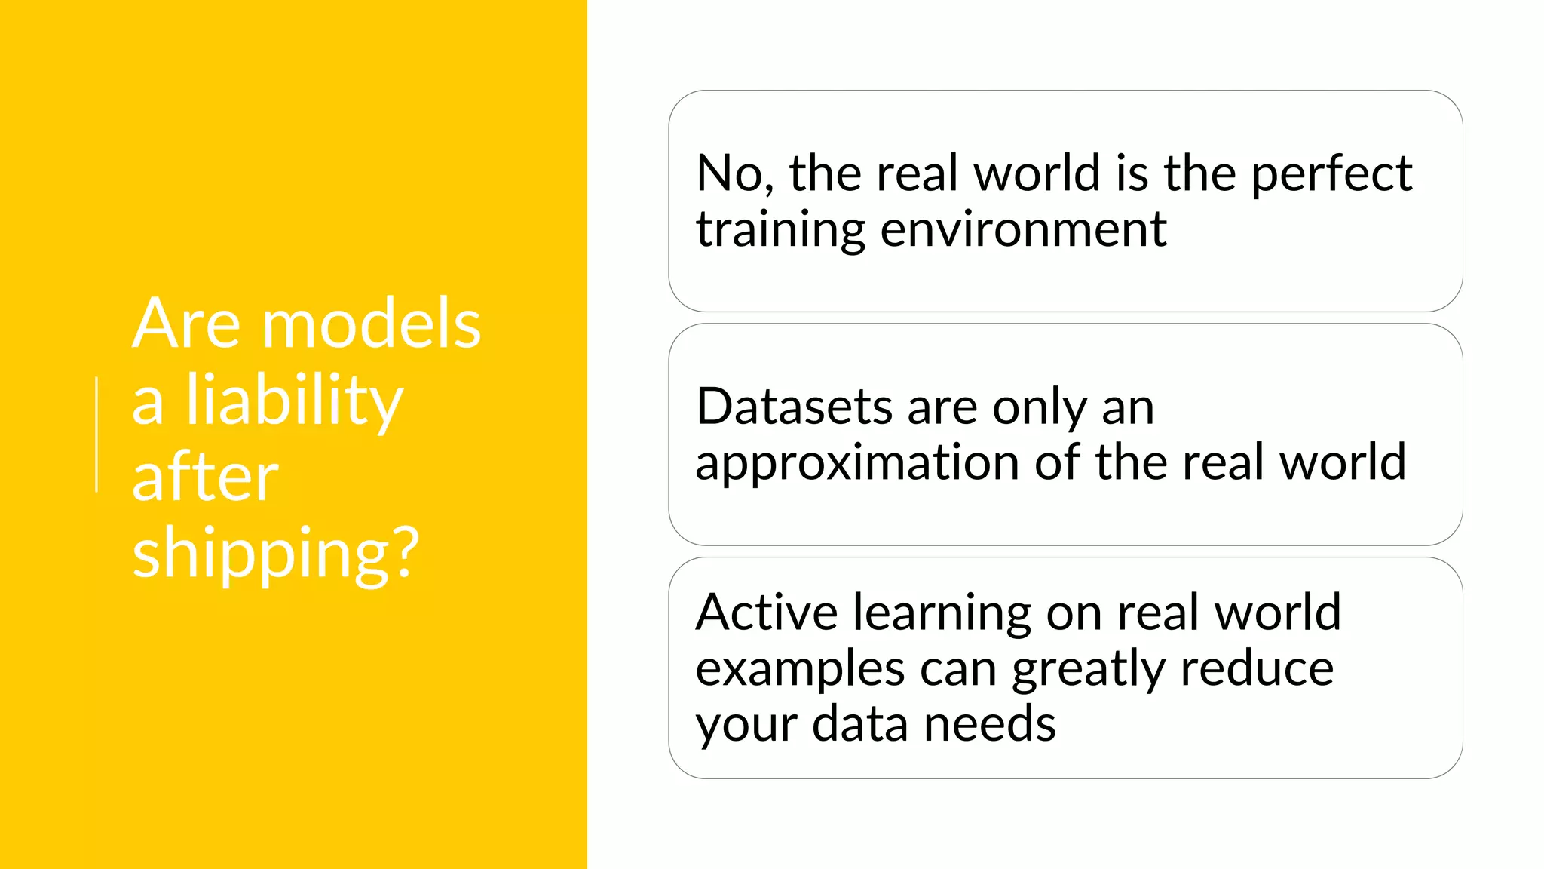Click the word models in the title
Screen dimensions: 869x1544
pyautogui.click(x=371, y=324)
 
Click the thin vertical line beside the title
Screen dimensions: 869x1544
pyautogui.click(x=96, y=434)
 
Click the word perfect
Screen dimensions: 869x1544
pyautogui.click(x=1331, y=173)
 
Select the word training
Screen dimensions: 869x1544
pyautogui.click(x=780, y=229)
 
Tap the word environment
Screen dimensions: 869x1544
pyautogui.click(x=1023, y=229)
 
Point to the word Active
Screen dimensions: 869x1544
pyautogui.click(x=766, y=612)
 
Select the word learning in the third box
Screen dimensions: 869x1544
pyautogui.click(x=942, y=613)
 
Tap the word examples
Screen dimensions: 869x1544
pyautogui.click(x=800, y=669)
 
